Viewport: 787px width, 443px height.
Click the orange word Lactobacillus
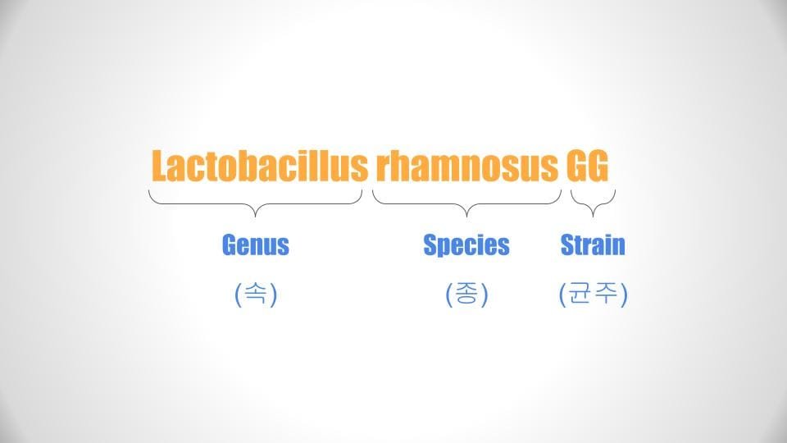click(260, 165)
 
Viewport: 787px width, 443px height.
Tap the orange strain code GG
click(588, 165)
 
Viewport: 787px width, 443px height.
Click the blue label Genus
click(256, 244)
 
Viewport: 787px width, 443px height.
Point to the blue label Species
click(466, 245)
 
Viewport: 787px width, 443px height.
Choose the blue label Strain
click(593, 244)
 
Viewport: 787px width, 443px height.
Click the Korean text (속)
click(256, 294)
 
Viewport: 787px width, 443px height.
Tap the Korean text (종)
click(466, 294)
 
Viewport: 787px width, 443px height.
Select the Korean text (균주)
click(594, 294)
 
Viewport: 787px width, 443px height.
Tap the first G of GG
click(576, 165)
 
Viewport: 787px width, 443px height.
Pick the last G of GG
click(598, 165)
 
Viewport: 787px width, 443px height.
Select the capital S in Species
click(430, 244)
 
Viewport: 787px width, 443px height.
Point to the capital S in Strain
click(567, 244)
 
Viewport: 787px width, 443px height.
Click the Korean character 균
click(582, 294)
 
